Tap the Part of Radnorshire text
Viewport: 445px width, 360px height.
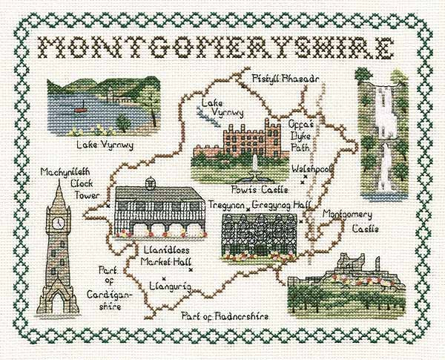point(228,317)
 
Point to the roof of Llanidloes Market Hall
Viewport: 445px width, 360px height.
point(158,195)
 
